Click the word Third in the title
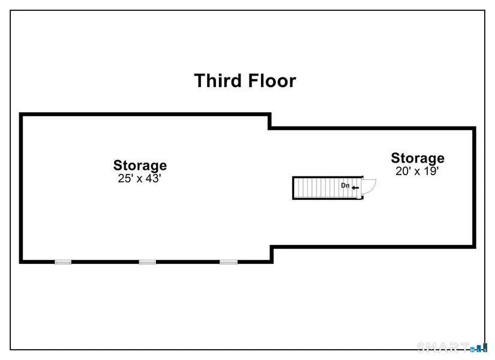(x=218, y=80)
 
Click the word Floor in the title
(x=272, y=80)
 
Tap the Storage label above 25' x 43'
(x=140, y=166)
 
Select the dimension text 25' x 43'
(x=140, y=178)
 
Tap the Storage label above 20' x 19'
(x=418, y=158)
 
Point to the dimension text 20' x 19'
(x=417, y=171)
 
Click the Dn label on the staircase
(x=345, y=185)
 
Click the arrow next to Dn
(x=355, y=188)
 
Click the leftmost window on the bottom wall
(x=63, y=262)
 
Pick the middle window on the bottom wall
(x=148, y=262)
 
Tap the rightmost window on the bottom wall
(x=229, y=262)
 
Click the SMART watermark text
(x=443, y=347)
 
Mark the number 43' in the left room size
(x=154, y=178)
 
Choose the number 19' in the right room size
(x=431, y=171)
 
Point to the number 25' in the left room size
(x=125, y=178)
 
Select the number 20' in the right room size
(x=403, y=171)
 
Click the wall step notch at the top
(x=270, y=121)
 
